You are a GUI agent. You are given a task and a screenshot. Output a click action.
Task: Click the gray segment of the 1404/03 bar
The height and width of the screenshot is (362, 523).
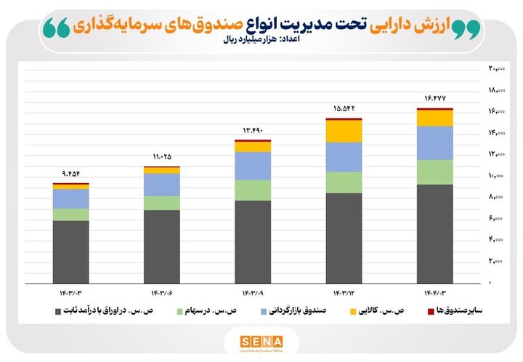[434, 233]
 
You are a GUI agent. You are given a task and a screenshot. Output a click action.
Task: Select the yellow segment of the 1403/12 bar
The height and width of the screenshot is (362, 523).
[344, 131]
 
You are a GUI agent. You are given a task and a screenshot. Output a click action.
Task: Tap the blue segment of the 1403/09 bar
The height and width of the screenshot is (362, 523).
[253, 166]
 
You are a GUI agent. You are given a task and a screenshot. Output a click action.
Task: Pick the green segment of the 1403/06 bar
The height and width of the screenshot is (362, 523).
[161, 203]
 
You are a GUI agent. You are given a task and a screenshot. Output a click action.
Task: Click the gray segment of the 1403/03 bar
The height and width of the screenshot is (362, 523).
[70, 252]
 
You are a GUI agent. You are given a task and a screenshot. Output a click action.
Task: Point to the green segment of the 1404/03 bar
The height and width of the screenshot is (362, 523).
[434, 172]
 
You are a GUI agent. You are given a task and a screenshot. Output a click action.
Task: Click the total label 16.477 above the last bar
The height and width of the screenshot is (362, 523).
[434, 99]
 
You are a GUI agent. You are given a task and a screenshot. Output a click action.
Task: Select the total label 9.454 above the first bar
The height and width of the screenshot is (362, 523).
[70, 174]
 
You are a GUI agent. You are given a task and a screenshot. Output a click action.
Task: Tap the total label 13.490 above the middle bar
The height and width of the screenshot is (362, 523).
[253, 131]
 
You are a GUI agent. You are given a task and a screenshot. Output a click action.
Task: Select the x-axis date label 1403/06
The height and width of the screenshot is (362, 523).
[161, 292]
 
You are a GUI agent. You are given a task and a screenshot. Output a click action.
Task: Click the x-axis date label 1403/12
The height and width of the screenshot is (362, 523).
[344, 292]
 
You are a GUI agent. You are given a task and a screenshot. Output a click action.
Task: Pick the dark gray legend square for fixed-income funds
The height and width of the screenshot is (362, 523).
[58, 311]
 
